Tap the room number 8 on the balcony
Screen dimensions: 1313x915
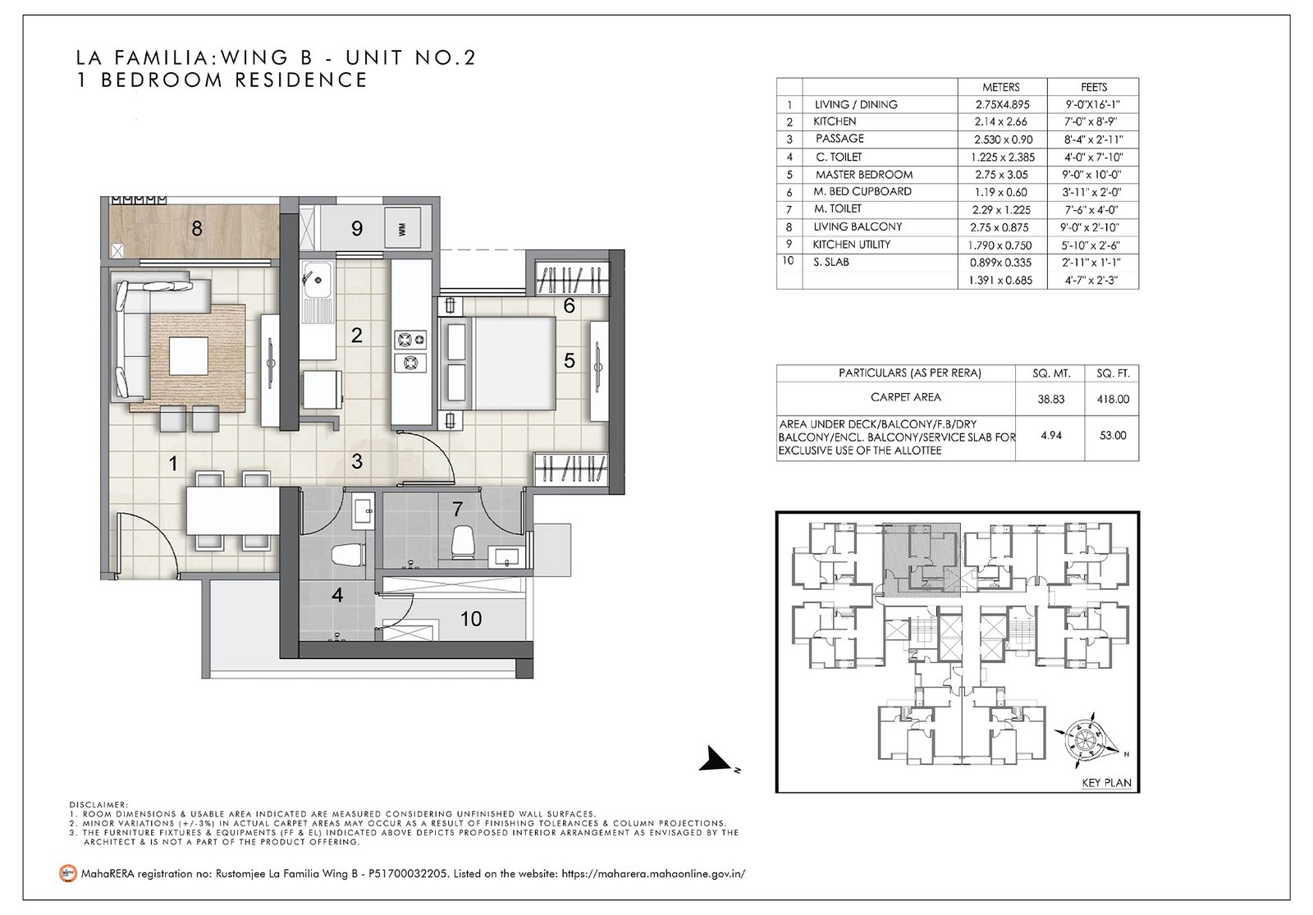(197, 228)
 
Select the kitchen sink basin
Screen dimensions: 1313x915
(317, 280)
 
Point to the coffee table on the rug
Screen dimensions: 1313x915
(188, 356)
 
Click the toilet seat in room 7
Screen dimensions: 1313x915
(463, 541)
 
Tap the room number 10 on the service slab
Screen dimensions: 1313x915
(471, 619)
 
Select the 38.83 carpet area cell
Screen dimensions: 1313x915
(1050, 399)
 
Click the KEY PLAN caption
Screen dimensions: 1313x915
(1106, 783)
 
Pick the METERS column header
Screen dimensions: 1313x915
(1001, 87)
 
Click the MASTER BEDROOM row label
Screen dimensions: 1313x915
(863, 175)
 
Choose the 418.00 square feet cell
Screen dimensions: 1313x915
(1113, 399)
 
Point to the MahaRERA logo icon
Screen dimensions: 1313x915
(69, 874)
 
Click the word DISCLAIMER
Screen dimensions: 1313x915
(98, 805)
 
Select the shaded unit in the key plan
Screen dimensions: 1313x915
(921, 560)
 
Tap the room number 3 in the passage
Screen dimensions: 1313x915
(357, 461)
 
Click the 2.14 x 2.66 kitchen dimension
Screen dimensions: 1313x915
(1001, 122)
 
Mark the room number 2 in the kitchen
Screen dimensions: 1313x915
(356, 336)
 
